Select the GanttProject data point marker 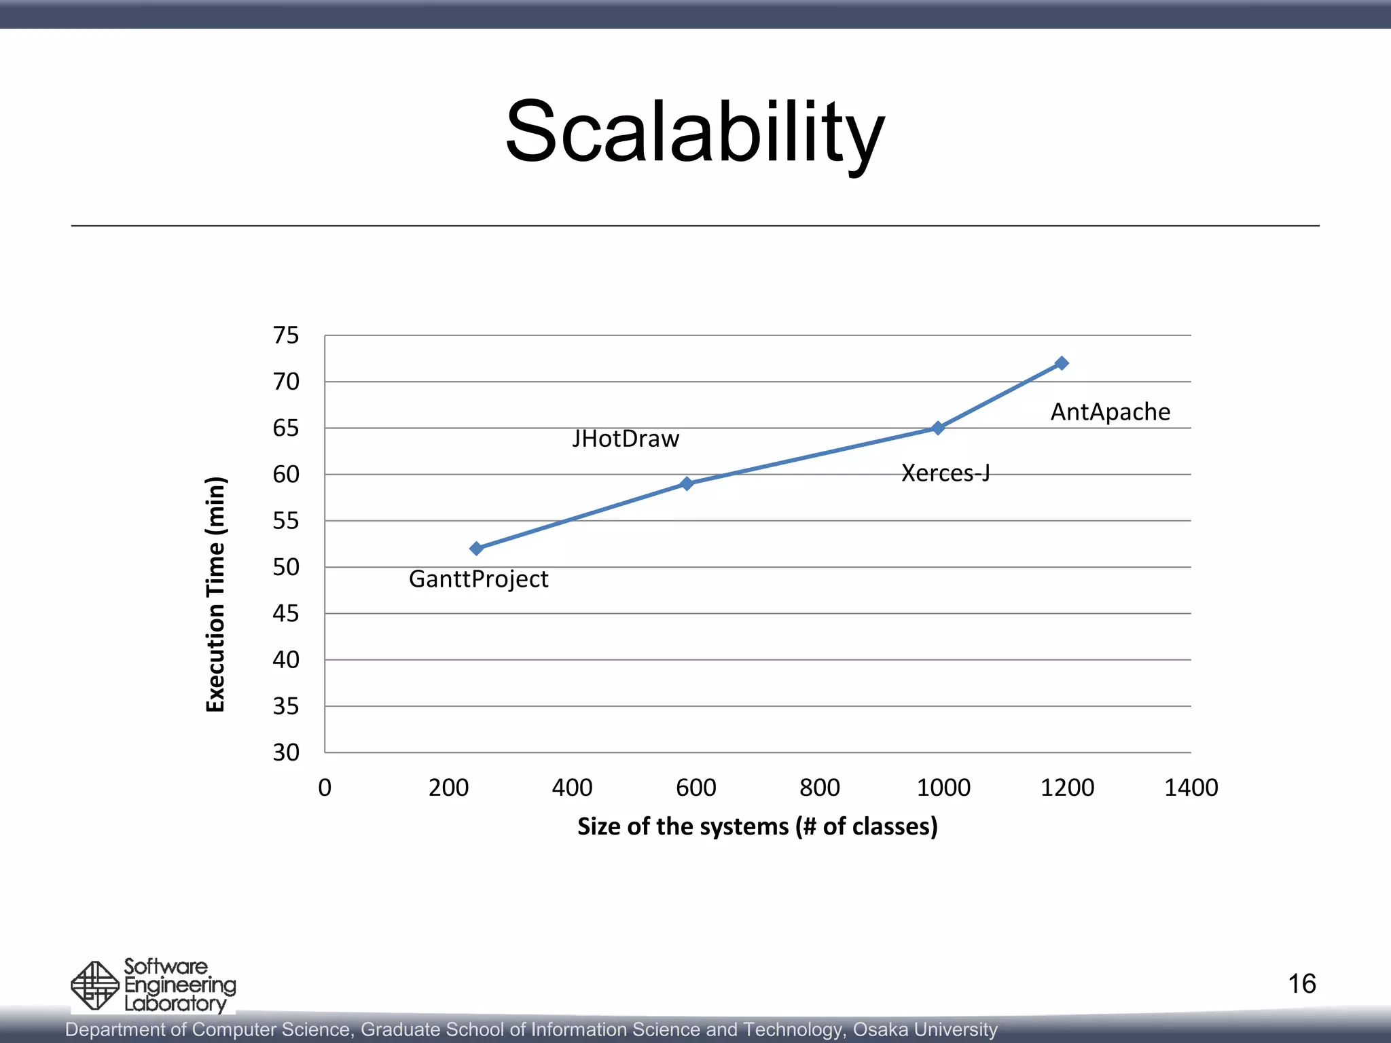[x=476, y=548]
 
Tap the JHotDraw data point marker [x=687, y=483]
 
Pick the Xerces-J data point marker [x=938, y=428]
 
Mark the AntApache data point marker [x=1062, y=363]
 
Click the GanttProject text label [x=478, y=579]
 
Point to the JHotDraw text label [x=625, y=439]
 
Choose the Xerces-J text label [x=945, y=473]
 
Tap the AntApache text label [x=1110, y=411]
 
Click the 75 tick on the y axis [x=286, y=335]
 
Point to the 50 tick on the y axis [x=286, y=567]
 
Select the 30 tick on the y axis [x=286, y=752]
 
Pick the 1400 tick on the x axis [x=1191, y=788]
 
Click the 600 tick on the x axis [x=695, y=788]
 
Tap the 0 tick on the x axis [x=325, y=788]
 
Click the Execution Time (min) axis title [x=215, y=594]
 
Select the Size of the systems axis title [x=757, y=826]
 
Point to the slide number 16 [x=1301, y=984]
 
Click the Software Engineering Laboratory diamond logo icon [x=95, y=985]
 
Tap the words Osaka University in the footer [x=925, y=1029]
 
